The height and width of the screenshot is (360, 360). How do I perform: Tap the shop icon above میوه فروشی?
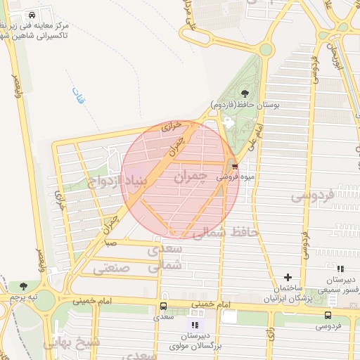[234, 167]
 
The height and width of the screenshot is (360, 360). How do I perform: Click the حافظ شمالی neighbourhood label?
[224, 231]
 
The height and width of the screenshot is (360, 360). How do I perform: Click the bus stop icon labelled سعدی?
[163, 307]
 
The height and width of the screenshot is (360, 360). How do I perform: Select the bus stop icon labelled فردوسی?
[328, 315]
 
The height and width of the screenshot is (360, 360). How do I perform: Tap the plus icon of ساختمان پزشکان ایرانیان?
[288, 277]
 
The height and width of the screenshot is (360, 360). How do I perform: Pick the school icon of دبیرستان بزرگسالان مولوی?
[195, 325]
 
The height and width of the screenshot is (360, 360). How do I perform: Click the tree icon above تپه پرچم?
[24, 286]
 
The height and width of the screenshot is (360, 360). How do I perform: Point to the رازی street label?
[270, 334]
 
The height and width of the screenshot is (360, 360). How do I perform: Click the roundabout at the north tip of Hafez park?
[265, 49]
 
